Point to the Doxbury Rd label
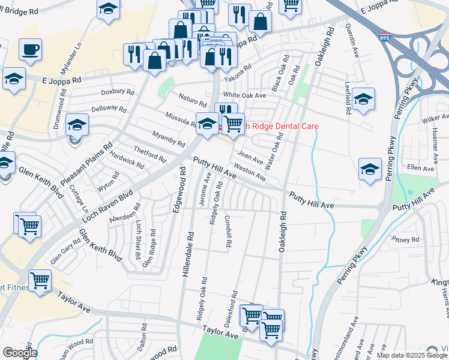click(118, 92)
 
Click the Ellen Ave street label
click(420, 169)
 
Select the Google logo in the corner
click(20, 353)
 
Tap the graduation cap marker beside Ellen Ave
click(370, 170)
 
